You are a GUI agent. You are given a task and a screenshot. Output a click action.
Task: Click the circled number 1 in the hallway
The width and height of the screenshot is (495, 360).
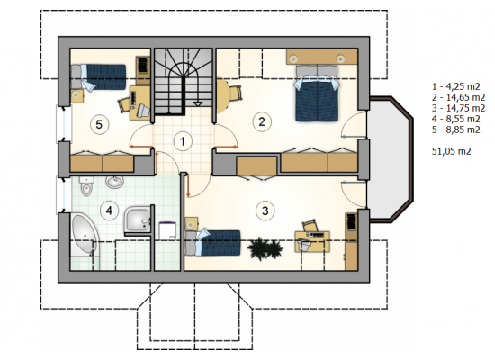(x=183, y=141)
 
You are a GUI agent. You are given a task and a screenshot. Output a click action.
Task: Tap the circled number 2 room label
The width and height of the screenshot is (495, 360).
(x=262, y=121)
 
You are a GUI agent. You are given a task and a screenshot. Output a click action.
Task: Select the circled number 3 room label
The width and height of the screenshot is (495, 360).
(x=265, y=211)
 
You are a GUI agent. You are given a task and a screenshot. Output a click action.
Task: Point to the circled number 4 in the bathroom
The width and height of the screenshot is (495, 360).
(x=109, y=211)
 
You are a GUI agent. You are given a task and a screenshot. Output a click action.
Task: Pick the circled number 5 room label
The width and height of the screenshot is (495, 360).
(x=99, y=124)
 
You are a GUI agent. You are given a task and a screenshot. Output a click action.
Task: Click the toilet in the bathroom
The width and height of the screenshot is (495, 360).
(x=86, y=186)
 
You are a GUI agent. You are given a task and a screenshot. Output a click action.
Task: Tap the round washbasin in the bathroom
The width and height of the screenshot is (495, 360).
(x=114, y=182)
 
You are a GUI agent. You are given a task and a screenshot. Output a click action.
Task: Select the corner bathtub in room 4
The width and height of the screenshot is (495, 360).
(x=85, y=233)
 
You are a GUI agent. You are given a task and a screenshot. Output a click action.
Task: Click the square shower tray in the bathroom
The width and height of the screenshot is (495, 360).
(x=138, y=220)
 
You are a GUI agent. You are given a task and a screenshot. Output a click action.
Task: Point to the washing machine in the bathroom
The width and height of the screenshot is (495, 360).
(x=167, y=230)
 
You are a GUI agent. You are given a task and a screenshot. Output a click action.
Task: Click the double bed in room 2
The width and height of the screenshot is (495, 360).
(x=317, y=94)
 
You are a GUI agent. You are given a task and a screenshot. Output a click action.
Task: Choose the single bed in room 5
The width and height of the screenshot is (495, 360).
(x=98, y=77)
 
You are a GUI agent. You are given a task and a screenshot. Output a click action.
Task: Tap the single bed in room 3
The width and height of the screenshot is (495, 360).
(x=212, y=242)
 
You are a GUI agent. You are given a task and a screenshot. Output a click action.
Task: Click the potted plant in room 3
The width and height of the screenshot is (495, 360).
(x=265, y=248)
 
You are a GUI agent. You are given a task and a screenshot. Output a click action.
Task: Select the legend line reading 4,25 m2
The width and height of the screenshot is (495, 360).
(x=456, y=86)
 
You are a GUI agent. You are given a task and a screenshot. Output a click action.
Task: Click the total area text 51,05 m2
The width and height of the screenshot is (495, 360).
(x=452, y=151)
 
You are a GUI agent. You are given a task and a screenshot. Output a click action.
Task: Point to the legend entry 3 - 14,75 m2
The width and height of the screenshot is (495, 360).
(x=458, y=108)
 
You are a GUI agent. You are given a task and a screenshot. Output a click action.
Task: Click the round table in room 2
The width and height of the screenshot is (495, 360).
(x=222, y=95)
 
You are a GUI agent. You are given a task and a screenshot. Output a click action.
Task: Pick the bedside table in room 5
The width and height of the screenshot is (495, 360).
(x=77, y=96)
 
